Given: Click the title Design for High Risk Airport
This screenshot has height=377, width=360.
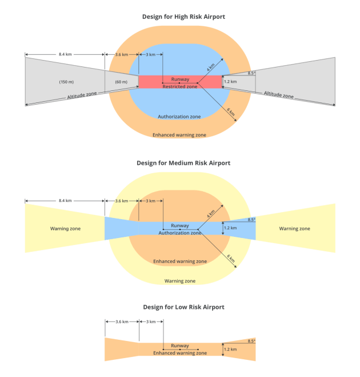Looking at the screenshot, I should (x=183, y=17).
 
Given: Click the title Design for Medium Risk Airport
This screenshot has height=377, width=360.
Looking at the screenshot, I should (x=183, y=163).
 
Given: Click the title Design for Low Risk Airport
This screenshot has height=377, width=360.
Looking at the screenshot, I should (x=183, y=307).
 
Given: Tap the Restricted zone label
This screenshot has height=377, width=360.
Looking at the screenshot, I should (x=180, y=86).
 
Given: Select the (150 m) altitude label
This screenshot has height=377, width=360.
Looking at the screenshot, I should (x=66, y=82).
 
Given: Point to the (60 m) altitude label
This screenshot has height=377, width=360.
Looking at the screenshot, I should (x=121, y=82).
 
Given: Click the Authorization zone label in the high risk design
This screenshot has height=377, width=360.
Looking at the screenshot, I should (x=179, y=117).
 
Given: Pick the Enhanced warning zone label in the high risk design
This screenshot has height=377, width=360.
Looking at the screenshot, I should (x=179, y=135).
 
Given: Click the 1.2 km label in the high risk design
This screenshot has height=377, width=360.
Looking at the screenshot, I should (x=230, y=82).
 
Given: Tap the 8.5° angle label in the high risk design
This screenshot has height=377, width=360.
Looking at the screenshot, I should (x=251, y=73).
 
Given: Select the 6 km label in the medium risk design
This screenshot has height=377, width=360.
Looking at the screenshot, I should (x=231, y=259).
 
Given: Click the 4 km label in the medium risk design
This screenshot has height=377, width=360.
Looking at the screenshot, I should (x=211, y=213).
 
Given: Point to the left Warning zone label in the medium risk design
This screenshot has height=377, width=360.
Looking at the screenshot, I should (x=65, y=229).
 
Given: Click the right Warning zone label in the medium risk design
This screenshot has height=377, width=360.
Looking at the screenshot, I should (x=294, y=229).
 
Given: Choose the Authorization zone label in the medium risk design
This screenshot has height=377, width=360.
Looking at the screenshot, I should (x=179, y=233).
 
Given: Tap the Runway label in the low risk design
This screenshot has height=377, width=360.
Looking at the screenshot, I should (x=180, y=346).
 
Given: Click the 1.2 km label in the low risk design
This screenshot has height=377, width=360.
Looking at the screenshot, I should (x=230, y=349).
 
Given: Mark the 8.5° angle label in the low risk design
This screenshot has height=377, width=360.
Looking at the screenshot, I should (x=251, y=340).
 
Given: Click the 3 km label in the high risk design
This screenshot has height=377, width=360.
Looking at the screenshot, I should (x=150, y=55).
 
